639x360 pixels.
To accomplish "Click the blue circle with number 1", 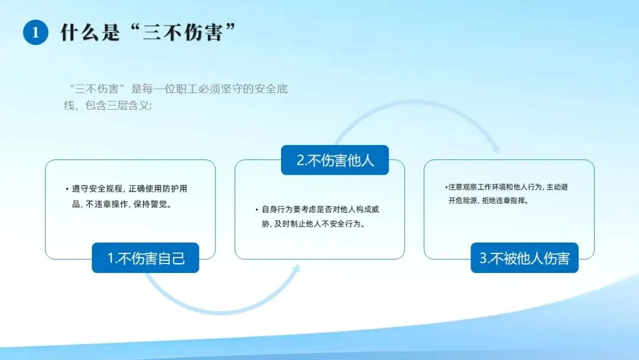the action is point(35,32).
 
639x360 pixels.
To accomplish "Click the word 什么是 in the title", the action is point(90,32).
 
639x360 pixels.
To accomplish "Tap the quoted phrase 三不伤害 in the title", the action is point(183,32).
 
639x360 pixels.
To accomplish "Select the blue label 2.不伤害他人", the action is point(335,160).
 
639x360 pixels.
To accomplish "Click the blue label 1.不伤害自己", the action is point(146,258).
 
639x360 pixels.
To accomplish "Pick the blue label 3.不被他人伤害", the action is point(524,258).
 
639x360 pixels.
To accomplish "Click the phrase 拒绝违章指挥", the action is point(505,200).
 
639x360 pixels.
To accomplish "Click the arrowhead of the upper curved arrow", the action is point(496,149).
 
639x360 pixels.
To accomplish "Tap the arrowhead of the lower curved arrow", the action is point(296,269).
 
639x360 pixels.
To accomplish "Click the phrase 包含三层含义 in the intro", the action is point(117,105).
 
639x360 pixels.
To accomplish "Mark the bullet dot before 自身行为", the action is point(257,210).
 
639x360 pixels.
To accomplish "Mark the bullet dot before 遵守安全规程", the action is point(67,189).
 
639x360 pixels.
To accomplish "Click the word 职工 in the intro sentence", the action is point(188,89).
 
